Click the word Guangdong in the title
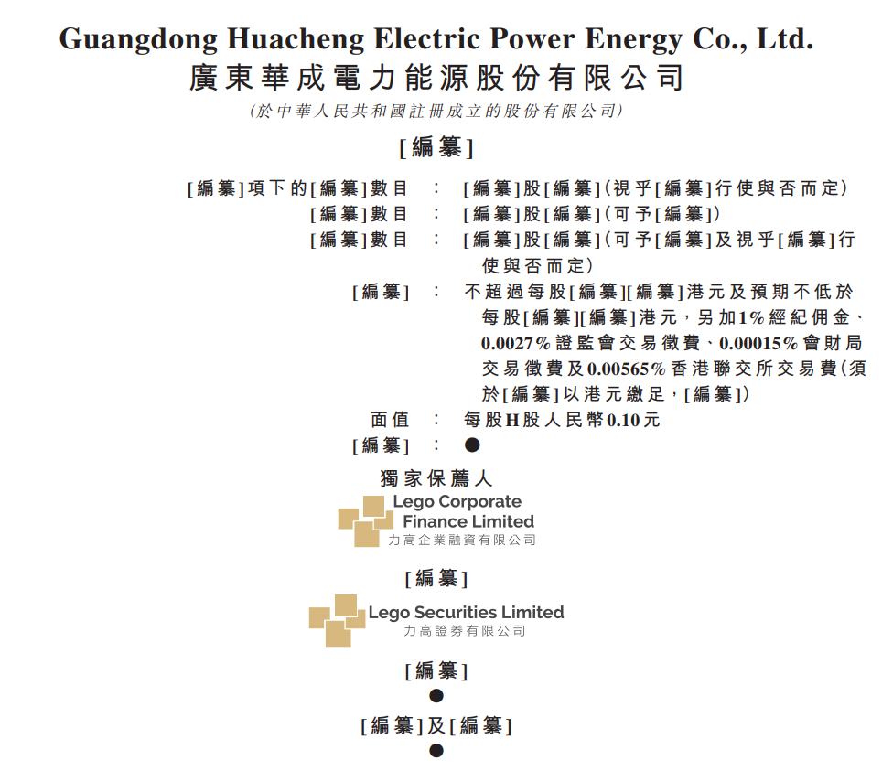tap(138, 40)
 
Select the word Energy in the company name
tap(633, 40)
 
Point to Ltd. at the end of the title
tap(785, 38)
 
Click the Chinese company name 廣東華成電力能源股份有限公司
tap(436, 78)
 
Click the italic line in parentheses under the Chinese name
tap(436, 111)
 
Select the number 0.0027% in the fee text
tap(515, 343)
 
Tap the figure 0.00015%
tap(758, 343)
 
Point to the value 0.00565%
tap(626, 369)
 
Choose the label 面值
tap(389, 420)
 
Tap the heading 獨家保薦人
tap(436, 478)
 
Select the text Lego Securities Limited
tap(467, 612)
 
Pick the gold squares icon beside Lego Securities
tap(337, 620)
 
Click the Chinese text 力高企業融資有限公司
tap(462, 540)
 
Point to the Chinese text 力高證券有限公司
tap(465, 631)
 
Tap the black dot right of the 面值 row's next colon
tap(472, 445)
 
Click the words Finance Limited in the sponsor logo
tap(468, 521)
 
